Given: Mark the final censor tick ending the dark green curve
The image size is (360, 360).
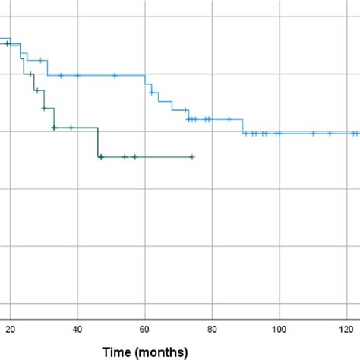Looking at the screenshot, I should tap(192, 157).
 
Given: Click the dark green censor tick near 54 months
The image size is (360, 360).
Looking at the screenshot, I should tap(125, 157).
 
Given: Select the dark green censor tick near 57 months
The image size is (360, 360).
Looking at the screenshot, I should tap(135, 157).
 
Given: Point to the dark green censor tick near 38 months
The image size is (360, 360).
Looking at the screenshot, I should tap(71, 128).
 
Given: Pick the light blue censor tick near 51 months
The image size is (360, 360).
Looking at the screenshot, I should tap(115, 75).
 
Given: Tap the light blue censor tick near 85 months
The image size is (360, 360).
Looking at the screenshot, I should tap(229, 119).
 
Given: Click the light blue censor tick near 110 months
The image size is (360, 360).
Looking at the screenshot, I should tap(313, 134).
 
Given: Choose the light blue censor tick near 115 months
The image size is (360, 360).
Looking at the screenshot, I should tap(330, 134).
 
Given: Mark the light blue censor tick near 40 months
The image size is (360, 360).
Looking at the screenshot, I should tap(77, 75).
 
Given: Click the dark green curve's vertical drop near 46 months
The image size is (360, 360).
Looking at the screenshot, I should tap(98, 143).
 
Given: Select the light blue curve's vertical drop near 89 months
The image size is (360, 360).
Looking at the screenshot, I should tap(242, 126).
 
